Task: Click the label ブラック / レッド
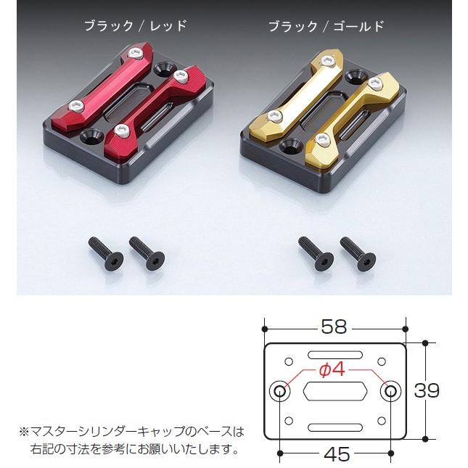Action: pos(136,26)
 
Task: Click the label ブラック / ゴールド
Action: pos(327,26)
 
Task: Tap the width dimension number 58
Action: pos(334,327)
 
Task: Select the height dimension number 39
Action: pos(427,390)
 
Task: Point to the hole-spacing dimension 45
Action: pos(337,454)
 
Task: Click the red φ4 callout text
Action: pos(332,370)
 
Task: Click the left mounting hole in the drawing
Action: pos(280,391)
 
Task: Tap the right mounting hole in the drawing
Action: pos(390,391)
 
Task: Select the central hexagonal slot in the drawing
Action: pos(335,391)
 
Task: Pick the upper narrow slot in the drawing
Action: pos(335,355)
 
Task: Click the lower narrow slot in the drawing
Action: pos(335,427)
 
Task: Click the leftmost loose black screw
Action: pos(106,254)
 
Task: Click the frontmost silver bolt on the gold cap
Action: pos(322,139)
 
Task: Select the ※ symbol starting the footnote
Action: pos(24,432)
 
